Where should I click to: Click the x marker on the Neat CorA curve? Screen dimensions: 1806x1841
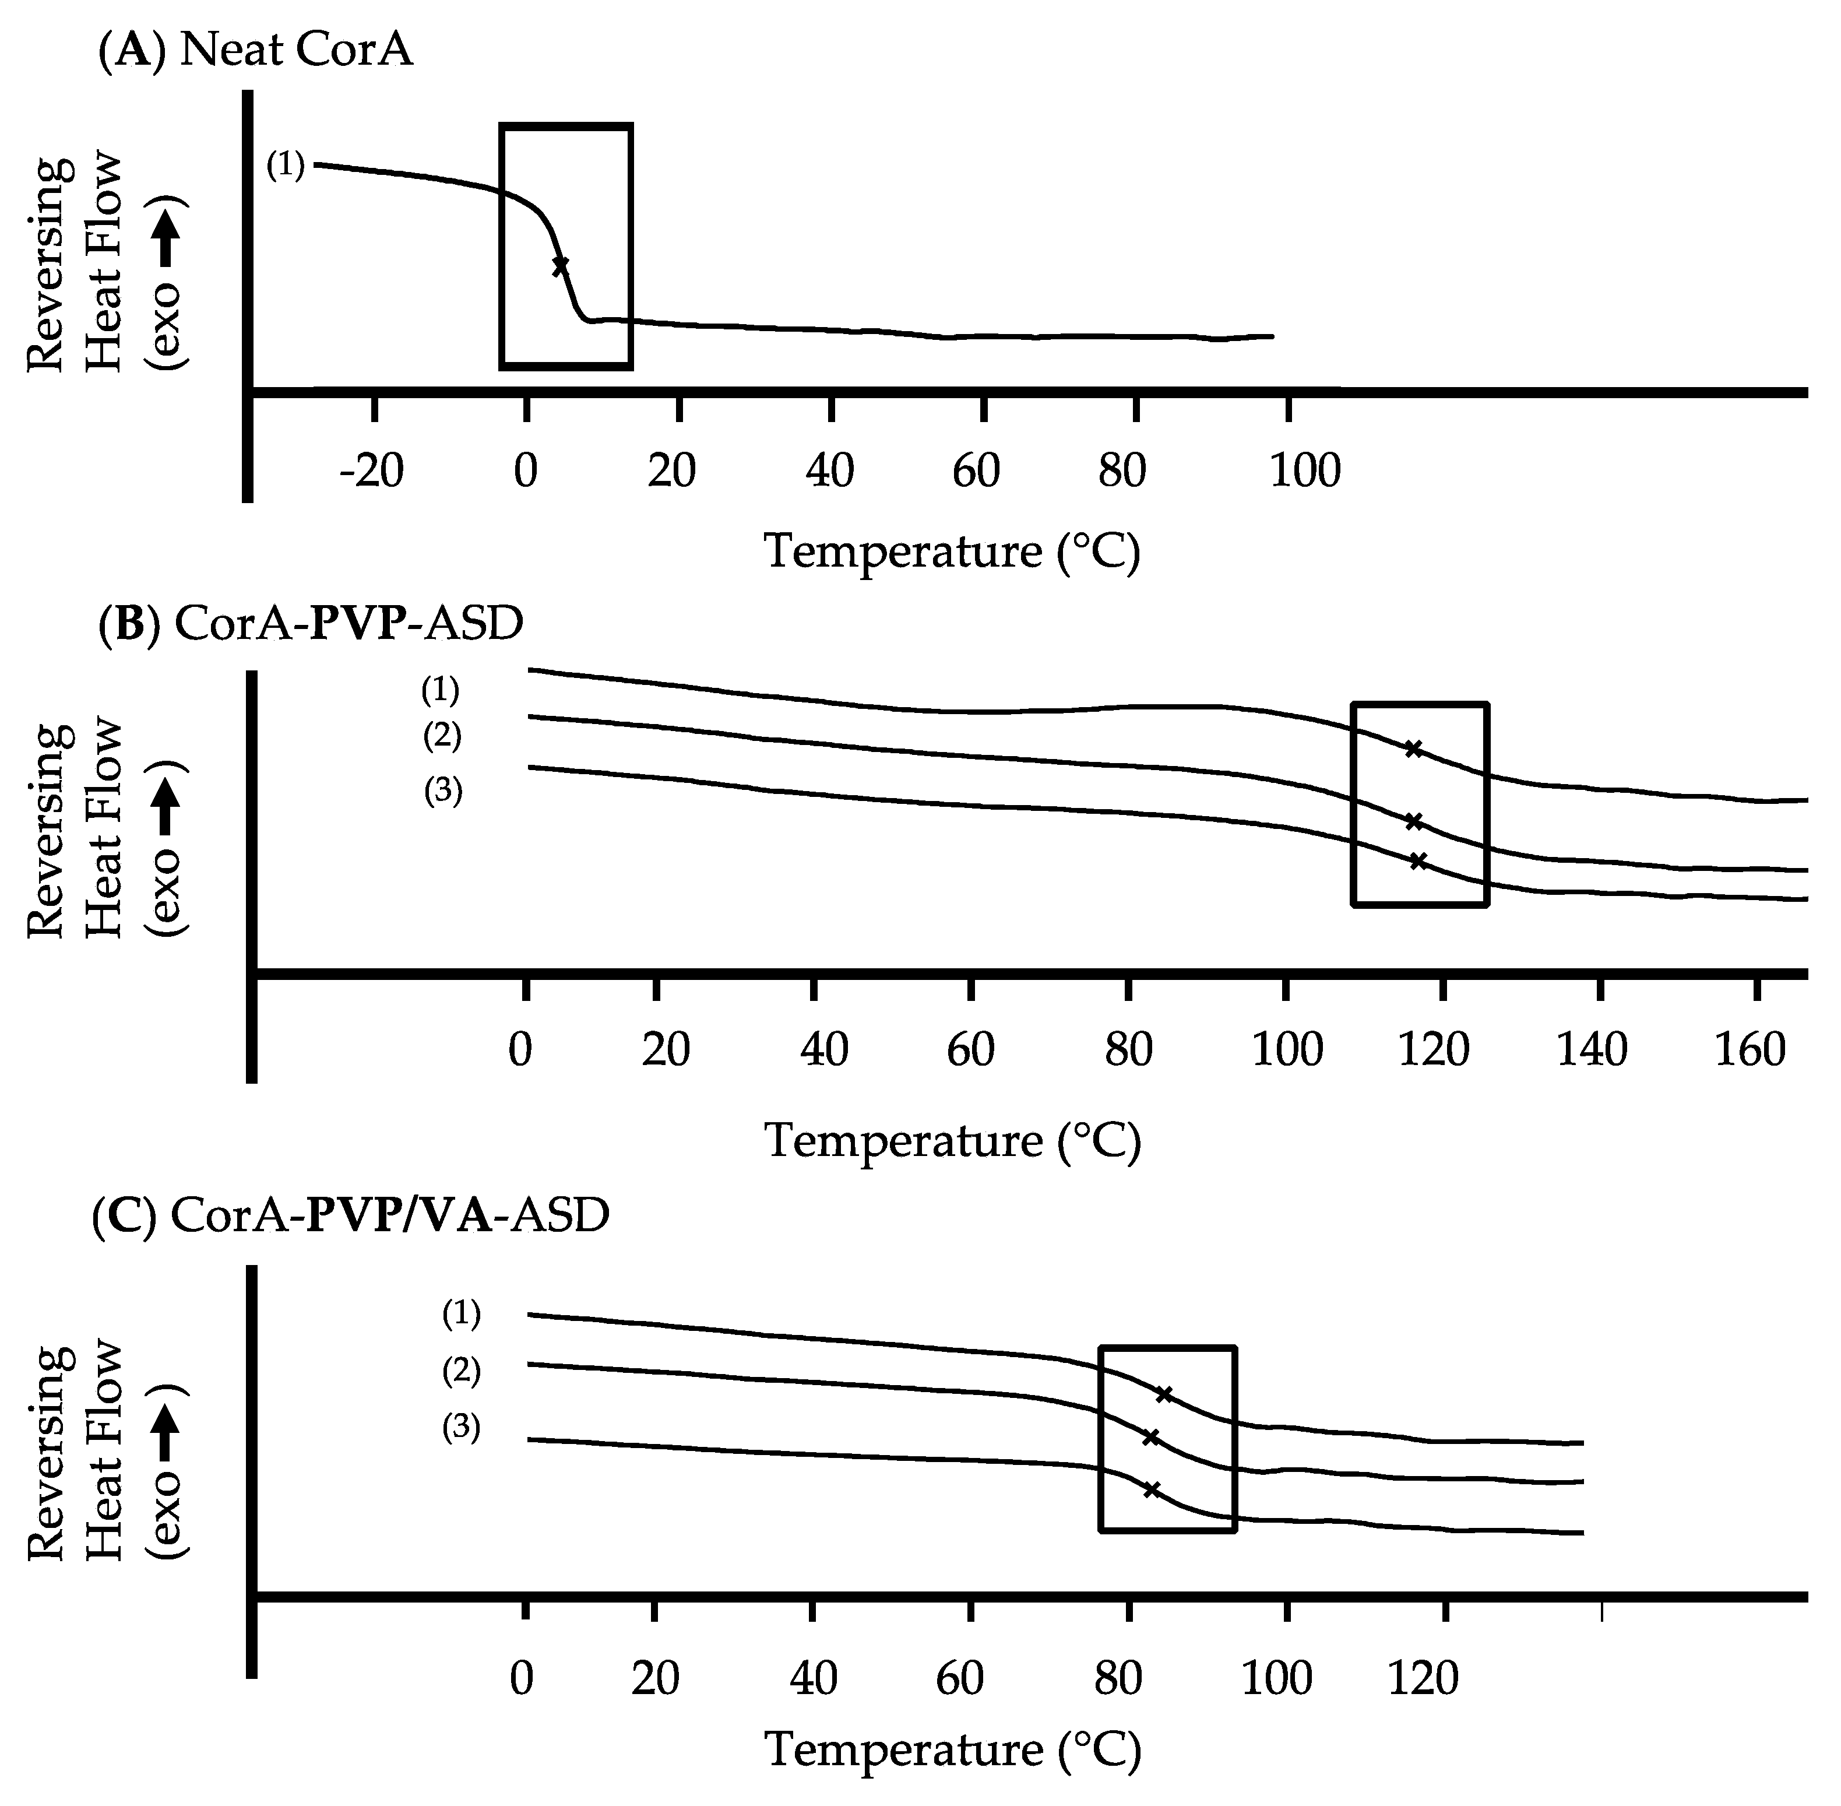(x=561, y=266)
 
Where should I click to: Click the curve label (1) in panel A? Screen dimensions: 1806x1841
(x=284, y=166)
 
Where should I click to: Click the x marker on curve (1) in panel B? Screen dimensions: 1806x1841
(x=1413, y=749)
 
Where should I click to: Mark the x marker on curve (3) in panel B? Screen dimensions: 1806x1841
(x=1418, y=861)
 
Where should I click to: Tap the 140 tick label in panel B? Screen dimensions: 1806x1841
(x=1592, y=1050)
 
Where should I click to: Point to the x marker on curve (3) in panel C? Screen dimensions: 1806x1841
(x=1152, y=1490)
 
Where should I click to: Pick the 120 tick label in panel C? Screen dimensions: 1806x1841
(x=1423, y=1679)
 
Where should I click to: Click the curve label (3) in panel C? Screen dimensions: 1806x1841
(x=461, y=1428)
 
